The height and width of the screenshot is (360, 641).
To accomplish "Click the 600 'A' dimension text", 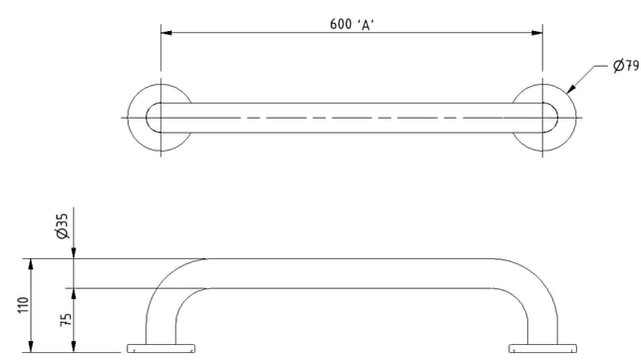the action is pos(352,25).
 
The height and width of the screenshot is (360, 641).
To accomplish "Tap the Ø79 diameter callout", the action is pos(626,66).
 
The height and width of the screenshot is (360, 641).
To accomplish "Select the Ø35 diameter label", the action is pos(64,225).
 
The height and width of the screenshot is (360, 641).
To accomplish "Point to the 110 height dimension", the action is pos(23,305).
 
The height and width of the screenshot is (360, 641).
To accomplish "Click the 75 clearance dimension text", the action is pos(66,319).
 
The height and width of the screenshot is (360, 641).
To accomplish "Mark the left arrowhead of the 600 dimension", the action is pos(165,33).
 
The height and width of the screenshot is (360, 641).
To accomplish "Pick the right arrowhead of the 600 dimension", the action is pos(537,33).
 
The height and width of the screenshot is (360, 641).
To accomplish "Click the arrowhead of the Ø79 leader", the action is pos(570,89).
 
